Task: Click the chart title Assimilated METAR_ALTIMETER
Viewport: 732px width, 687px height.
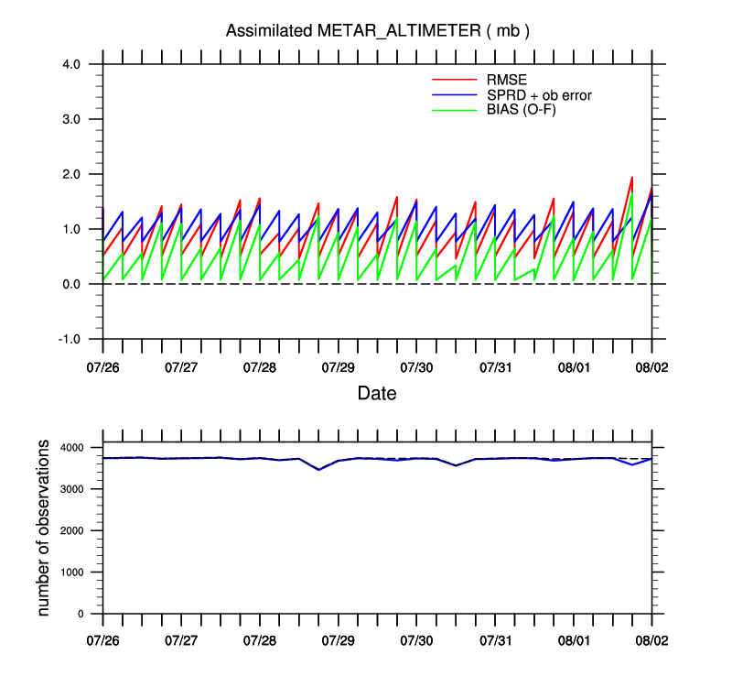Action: [378, 31]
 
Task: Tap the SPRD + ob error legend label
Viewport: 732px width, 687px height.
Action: [540, 94]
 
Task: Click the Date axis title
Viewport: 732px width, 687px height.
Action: [377, 394]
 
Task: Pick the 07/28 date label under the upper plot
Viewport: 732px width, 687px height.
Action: [260, 367]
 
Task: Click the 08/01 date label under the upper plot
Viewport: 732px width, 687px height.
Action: [574, 367]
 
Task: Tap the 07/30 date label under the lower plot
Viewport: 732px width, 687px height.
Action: [416, 642]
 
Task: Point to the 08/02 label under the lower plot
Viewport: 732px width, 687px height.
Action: [652, 642]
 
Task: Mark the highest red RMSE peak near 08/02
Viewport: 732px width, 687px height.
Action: [632, 178]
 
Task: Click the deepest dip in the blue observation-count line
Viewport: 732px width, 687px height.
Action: [318, 469]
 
